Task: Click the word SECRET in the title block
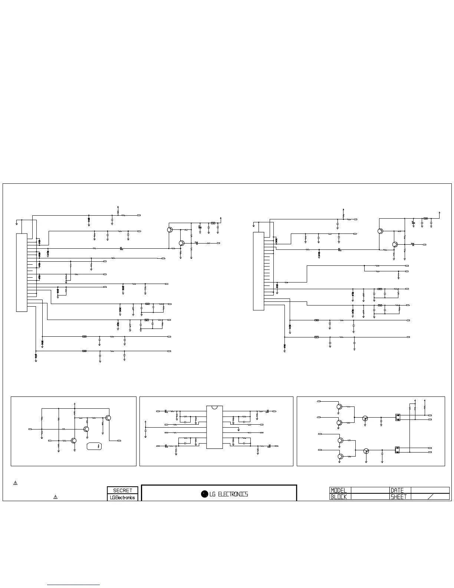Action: point(122,490)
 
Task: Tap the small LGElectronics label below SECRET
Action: point(122,497)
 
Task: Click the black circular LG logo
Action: point(204,494)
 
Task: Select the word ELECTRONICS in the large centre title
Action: point(233,494)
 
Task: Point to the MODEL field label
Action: point(339,490)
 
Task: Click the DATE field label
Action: point(397,490)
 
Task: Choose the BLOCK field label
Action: point(339,497)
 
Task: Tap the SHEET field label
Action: point(399,497)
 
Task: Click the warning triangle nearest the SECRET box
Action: point(55,497)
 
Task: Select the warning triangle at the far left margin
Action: point(16,483)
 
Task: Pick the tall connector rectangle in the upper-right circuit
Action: point(259,271)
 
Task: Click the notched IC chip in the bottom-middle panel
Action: point(214,427)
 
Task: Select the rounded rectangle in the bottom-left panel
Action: point(95,446)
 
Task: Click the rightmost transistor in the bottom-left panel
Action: point(108,418)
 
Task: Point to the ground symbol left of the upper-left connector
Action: point(17,223)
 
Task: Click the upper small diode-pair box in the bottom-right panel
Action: point(397,417)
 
